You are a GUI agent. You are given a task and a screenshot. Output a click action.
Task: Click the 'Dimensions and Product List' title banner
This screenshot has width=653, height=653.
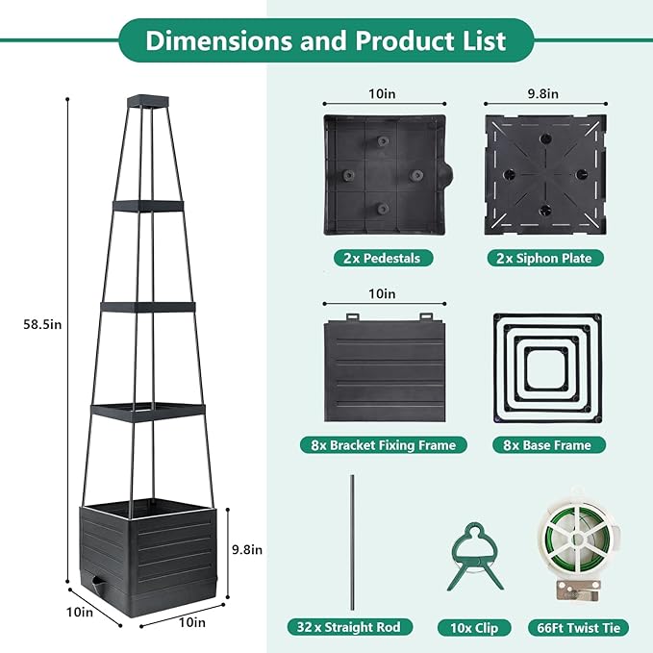coord(326,41)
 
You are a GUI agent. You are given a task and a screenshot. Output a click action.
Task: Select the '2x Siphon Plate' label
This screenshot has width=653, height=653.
coord(545,258)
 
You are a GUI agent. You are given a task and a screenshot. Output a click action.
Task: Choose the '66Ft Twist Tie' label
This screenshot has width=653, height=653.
coord(578,627)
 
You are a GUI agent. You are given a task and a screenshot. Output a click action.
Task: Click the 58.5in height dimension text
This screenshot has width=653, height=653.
coord(43,324)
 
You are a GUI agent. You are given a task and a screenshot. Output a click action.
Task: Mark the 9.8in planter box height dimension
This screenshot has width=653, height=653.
coord(247,549)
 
